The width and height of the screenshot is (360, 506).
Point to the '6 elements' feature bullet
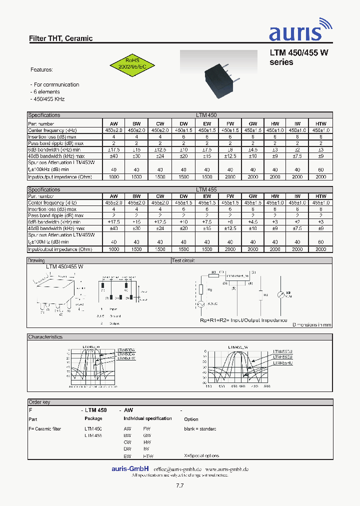point(45,91)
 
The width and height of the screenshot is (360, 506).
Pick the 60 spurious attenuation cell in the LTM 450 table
point(320,169)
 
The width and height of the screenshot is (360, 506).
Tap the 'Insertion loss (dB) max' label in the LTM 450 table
point(52,136)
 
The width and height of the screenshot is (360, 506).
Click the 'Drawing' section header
point(36,260)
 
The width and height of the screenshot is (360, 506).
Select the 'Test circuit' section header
point(183,260)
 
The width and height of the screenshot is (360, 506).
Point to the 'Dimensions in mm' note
point(311,324)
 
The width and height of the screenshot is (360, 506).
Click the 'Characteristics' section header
point(45,337)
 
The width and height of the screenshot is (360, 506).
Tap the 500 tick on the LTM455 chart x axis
point(266,386)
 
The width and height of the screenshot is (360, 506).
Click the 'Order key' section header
point(39,402)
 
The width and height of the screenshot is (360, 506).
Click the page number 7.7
point(180,486)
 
